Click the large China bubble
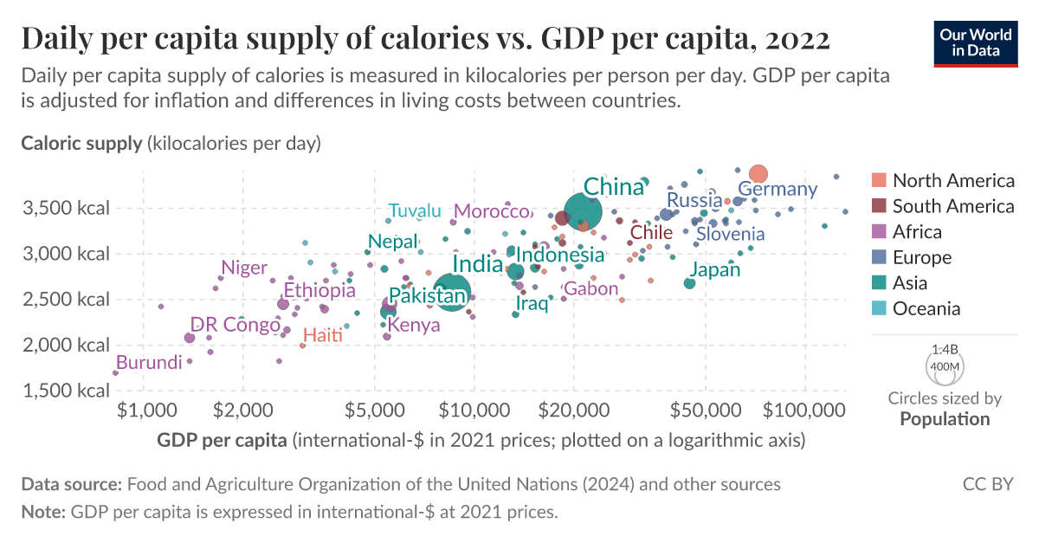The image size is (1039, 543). point(583,211)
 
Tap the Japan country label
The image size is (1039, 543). point(715,270)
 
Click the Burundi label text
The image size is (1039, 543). point(149,362)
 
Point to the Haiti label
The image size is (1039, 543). point(323,335)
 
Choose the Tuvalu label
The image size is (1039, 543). point(415,210)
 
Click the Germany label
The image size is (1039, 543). point(778,189)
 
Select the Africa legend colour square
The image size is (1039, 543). point(879,232)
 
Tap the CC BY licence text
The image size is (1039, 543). point(988,484)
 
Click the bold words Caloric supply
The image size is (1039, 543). point(81,143)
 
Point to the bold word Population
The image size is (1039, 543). point(945,419)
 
